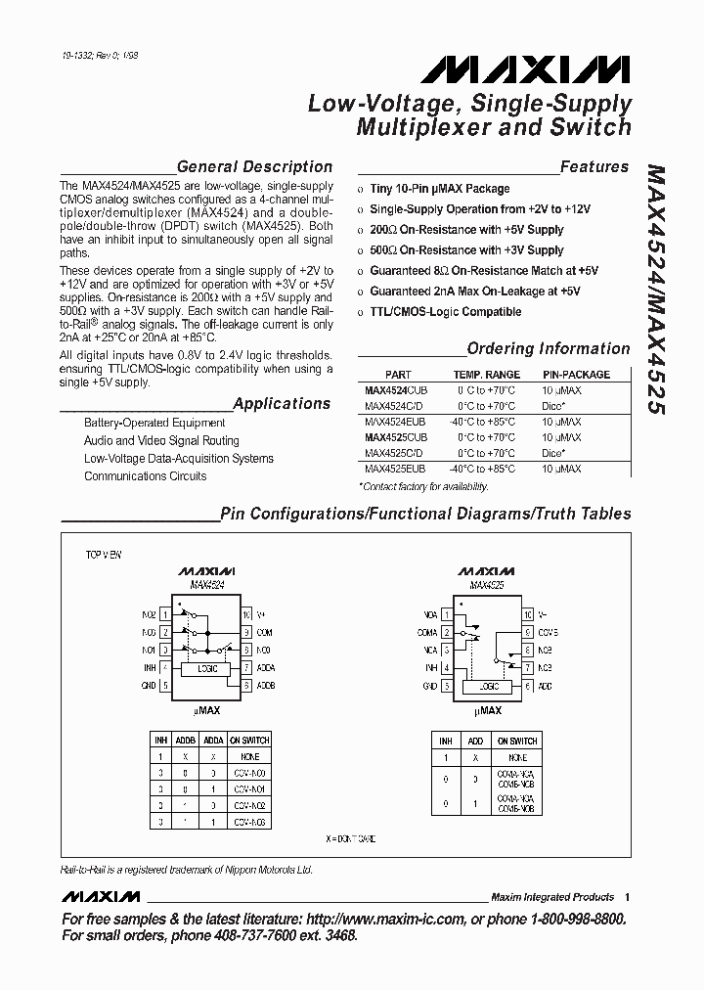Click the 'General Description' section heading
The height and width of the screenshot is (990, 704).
pyautogui.click(x=254, y=166)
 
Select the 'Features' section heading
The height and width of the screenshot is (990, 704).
pyautogui.click(x=594, y=167)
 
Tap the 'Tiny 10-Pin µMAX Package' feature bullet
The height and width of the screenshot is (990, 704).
pyautogui.click(x=439, y=189)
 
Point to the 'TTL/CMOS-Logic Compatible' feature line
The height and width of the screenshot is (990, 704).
pyautogui.click(x=445, y=312)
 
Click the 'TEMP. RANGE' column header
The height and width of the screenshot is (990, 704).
pyautogui.click(x=486, y=375)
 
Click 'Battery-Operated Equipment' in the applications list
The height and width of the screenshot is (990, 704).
pyautogui.click(x=154, y=423)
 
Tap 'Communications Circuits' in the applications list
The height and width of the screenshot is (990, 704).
pyautogui.click(x=145, y=476)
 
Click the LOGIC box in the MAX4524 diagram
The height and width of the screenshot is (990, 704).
pyautogui.click(x=206, y=668)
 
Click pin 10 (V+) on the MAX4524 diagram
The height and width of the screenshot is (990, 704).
pyautogui.click(x=247, y=613)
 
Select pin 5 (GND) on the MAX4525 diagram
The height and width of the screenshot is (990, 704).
pyautogui.click(x=447, y=687)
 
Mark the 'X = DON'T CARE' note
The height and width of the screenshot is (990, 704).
pyautogui.click(x=351, y=839)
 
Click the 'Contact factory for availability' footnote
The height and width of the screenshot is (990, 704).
pyautogui.click(x=424, y=486)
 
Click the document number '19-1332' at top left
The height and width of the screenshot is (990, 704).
pyautogui.click(x=77, y=59)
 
